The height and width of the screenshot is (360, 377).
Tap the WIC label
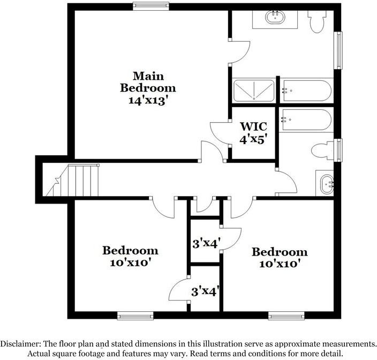(x=253, y=127)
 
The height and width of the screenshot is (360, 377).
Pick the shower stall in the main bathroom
(x=254, y=90)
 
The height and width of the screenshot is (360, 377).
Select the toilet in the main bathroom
(x=316, y=20)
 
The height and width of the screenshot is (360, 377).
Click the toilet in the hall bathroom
(x=323, y=149)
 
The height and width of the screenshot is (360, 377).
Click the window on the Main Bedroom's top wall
(x=151, y=6)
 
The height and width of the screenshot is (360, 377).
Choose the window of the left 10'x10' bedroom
(x=131, y=316)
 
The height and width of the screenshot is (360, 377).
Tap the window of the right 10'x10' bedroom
(x=286, y=316)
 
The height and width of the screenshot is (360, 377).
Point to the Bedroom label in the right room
(x=280, y=252)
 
